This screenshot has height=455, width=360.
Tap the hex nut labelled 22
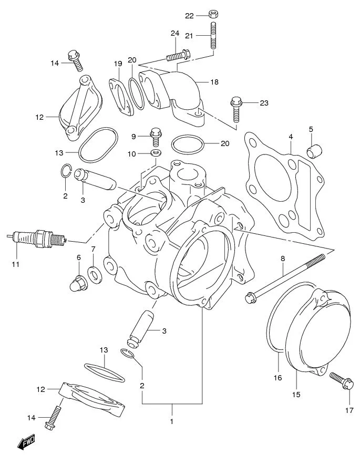coord(213,14)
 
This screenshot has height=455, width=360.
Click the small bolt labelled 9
coord(155,136)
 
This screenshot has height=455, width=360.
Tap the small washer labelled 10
coord(156,153)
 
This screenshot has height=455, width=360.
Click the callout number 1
coord(171,421)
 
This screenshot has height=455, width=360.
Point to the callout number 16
coord(278,377)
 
